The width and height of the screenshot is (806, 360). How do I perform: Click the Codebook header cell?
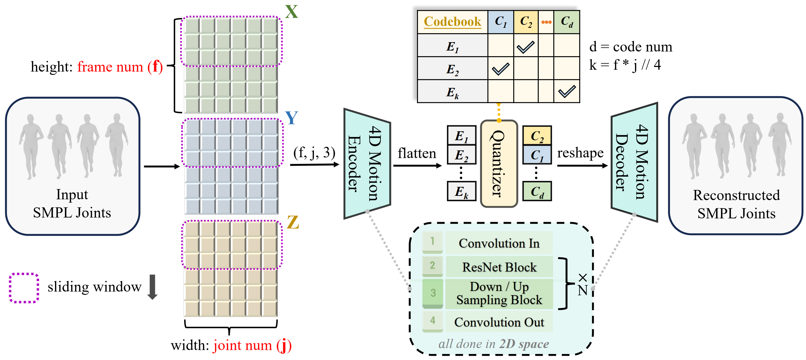pos(452,22)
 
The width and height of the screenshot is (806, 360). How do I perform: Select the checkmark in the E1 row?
pos(525,47)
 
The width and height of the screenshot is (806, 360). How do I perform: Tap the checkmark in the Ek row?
pos(567,91)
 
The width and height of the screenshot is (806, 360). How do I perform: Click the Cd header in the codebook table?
pos(567,22)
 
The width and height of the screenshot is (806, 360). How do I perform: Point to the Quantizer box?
pos(499,164)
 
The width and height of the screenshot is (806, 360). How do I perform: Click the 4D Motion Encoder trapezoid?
pos(367,164)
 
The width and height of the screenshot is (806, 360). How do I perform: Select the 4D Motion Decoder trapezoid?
pos(634,162)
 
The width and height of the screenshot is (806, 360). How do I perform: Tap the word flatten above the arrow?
pos(417,153)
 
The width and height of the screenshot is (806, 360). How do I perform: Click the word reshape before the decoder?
pos(580,153)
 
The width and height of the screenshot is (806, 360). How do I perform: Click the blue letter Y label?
pos(291,118)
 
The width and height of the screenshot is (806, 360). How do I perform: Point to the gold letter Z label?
pos(293,222)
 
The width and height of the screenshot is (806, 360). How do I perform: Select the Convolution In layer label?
pos(499,243)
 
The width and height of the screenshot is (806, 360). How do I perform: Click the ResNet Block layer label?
pos(499,267)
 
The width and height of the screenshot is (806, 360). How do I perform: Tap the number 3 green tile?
pos(433,293)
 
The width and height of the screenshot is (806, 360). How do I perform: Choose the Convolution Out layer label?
pos(499,322)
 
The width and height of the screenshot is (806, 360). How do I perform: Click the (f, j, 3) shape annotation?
pos(314,152)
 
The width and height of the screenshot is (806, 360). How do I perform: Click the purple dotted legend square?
pos(24,288)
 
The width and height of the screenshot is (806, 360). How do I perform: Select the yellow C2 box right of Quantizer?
pos(537,136)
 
